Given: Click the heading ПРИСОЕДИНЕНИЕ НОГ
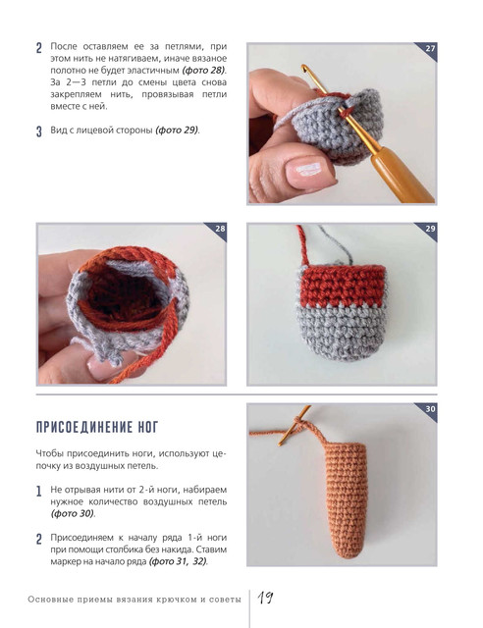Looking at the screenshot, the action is (97, 428).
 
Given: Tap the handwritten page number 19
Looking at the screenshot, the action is (265, 598).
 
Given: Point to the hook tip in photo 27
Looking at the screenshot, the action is (304, 67).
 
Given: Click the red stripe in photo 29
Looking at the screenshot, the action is (342, 286).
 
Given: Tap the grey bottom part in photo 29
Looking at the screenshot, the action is (342, 333).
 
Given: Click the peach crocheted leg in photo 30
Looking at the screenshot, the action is (346, 499).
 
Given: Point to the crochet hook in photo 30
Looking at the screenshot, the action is (295, 426).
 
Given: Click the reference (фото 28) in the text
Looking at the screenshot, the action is (204, 71).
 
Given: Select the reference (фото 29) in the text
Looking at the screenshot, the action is (177, 131).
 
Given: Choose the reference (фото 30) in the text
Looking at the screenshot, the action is (73, 513).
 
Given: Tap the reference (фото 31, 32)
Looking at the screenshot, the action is (178, 561).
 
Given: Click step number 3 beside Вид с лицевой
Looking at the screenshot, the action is (39, 131).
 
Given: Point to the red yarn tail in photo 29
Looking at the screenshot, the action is (302, 245).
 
